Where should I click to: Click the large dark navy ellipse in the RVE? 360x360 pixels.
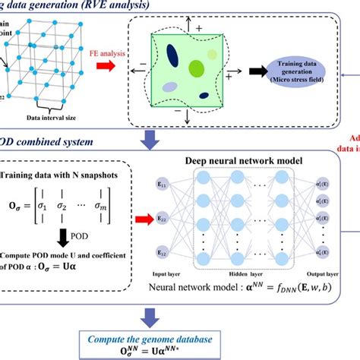pyautogui.click(x=173, y=58)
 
